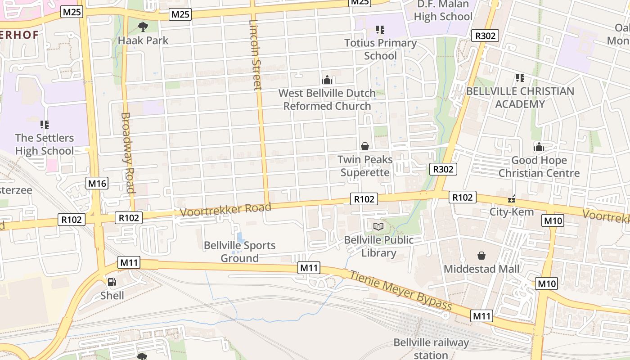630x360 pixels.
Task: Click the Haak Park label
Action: tap(143, 40)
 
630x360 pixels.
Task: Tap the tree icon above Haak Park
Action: tap(143, 27)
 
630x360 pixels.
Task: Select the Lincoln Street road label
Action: tap(255, 54)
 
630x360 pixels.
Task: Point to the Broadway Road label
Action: tap(128, 153)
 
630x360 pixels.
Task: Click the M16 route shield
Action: tap(97, 183)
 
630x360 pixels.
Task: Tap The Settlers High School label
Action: tap(44, 144)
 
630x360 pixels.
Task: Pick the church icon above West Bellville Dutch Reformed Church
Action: tap(327, 80)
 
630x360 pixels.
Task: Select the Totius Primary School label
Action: tap(380, 49)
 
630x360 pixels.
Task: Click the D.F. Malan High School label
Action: tap(443, 10)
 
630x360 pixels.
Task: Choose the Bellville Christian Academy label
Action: tap(520, 98)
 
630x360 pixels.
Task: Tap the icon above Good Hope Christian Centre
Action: tap(539, 147)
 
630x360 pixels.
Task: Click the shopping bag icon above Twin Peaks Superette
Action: tap(365, 146)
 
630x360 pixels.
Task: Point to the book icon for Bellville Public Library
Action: tap(378, 226)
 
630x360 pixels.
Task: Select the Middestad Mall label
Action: tap(481, 269)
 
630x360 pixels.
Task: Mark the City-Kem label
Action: tap(512, 211)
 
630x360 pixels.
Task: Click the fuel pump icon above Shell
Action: tap(112, 282)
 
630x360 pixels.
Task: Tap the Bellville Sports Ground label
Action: tap(239, 252)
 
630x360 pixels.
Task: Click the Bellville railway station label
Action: tap(431, 349)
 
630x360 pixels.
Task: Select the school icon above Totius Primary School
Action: tap(380, 30)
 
